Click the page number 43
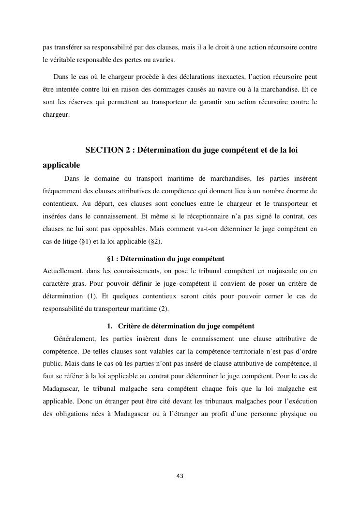[180, 476]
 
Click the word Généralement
[75, 338]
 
